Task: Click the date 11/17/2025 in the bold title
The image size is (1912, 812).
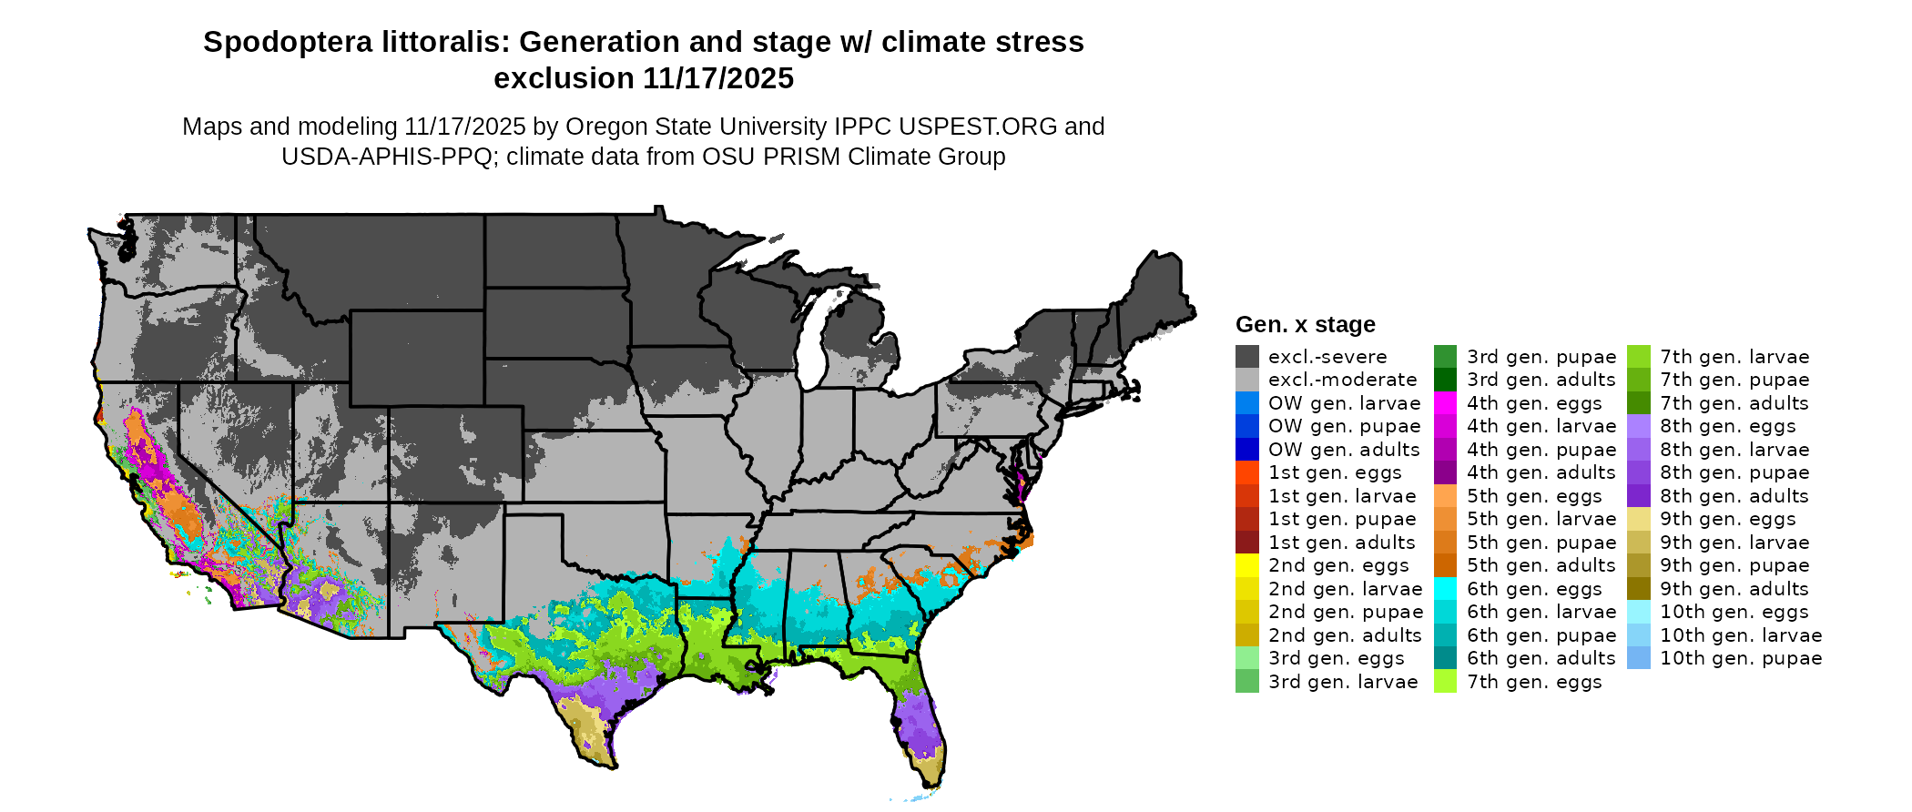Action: (x=718, y=78)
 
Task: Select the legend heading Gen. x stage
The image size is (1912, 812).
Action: (x=1305, y=325)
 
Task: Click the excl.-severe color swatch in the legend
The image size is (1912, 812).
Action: (x=1247, y=357)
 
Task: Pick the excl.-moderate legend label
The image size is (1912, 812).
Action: (x=1342, y=380)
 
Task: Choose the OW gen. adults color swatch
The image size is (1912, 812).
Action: (x=1247, y=450)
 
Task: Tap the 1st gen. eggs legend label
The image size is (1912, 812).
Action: (x=1335, y=472)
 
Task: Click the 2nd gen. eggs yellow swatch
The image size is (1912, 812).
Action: (x=1247, y=565)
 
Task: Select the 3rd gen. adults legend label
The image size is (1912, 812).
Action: (x=1541, y=380)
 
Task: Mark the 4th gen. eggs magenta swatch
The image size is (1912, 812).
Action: (x=1446, y=403)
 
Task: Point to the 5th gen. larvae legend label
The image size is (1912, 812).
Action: (x=1541, y=519)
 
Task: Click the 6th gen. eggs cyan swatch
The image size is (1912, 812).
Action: (x=1446, y=589)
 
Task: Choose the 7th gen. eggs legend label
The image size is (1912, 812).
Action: (x=1534, y=682)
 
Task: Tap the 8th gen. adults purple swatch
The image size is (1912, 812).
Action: (x=1639, y=496)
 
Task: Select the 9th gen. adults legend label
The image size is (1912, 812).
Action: (x=1734, y=589)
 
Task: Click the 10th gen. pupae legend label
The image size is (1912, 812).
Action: (x=1741, y=658)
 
